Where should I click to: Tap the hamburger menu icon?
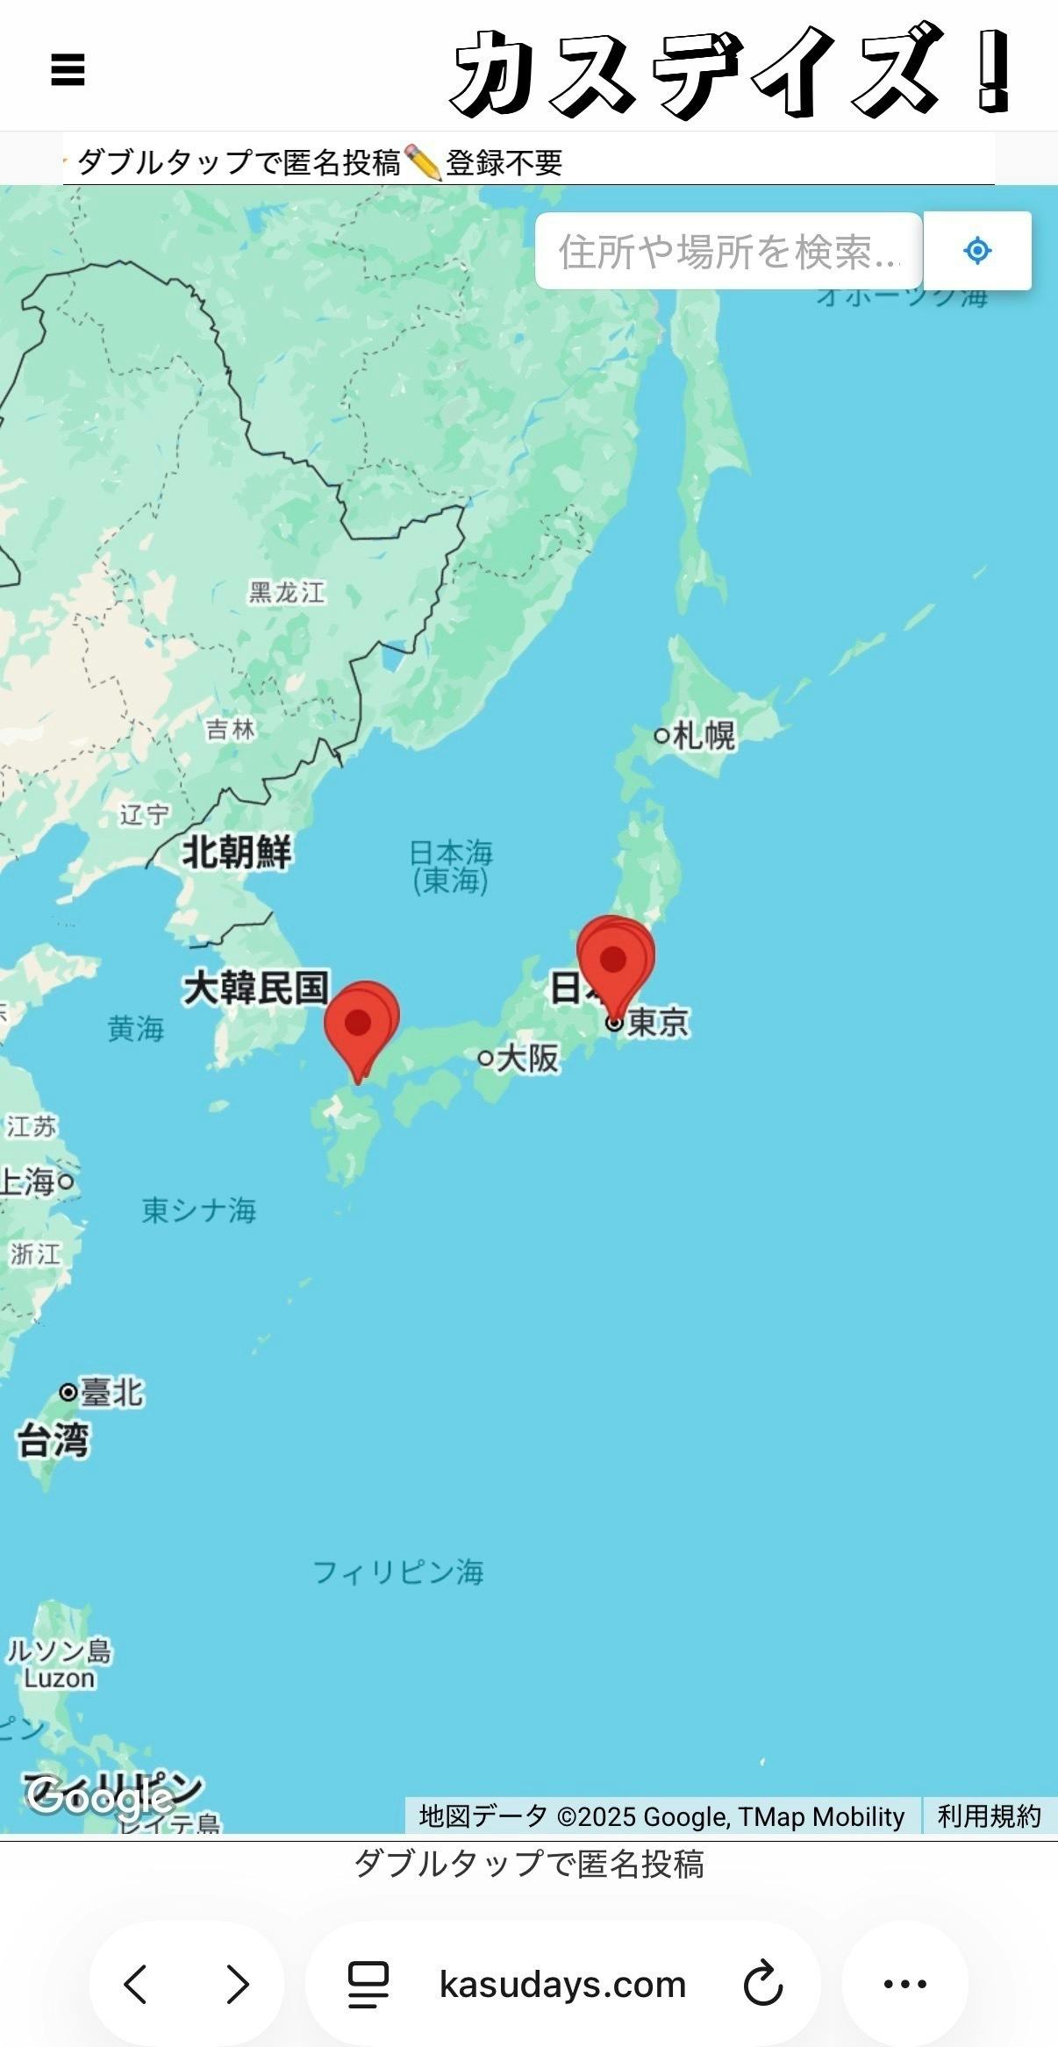point(68,70)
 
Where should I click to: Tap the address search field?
point(728,251)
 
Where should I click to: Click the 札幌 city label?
point(703,735)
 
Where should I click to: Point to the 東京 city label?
point(657,1022)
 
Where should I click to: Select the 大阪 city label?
point(526,1059)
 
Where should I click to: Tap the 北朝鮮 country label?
point(236,852)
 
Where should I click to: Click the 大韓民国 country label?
point(255,988)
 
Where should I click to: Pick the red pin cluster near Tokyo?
point(614,960)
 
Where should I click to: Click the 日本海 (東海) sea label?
point(451,866)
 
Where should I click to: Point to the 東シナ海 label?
point(199,1210)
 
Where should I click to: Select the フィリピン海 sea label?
point(398,1571)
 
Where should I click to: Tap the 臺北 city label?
point(111,1392)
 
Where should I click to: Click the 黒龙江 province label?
point(287,592)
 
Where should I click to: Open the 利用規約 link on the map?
point(989,1815)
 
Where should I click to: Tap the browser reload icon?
point(762,1984)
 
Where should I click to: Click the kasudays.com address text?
point(562,1984)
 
